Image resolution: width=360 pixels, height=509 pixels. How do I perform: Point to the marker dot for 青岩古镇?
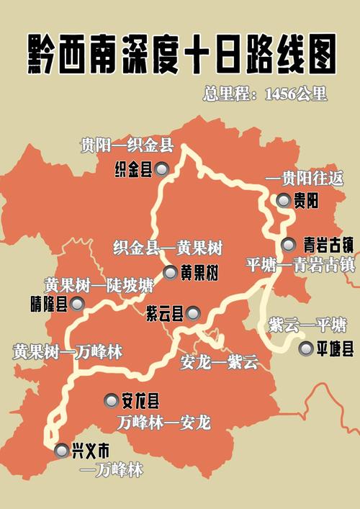288,243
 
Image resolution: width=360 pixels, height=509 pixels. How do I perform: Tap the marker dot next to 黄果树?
170,273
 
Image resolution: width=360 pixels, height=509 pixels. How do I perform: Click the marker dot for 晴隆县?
77,304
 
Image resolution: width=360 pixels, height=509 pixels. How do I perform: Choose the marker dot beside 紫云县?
194,313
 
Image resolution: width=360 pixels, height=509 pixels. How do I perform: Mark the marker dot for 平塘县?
305,350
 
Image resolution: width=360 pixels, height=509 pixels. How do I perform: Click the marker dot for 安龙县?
112,400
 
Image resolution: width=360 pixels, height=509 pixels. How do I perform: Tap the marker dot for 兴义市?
60,451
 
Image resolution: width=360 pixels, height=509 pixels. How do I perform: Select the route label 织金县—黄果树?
168,248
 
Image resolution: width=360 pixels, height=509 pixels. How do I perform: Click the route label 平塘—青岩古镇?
300,264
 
